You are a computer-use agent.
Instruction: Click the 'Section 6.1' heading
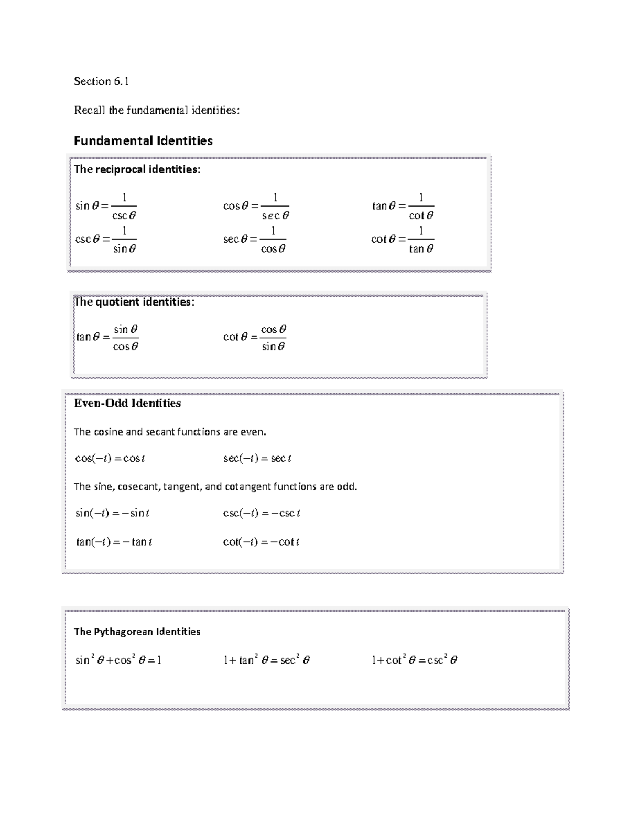tap(101, 81)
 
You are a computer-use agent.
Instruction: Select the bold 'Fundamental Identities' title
tap(143, 140)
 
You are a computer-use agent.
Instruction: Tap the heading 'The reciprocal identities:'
tap(137, 169)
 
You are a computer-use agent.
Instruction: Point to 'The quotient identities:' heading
tap(134, 302)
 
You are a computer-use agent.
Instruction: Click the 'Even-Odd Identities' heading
tap(127, 403)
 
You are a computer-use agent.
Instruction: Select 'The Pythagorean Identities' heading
tap(137, 632)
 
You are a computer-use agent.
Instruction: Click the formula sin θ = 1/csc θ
tap(106, 206)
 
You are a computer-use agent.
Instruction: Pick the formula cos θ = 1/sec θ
tap(256, 206)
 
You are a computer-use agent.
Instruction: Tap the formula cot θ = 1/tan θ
tap(403, 240)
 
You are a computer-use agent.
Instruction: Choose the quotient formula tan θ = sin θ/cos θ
tap(107, 337)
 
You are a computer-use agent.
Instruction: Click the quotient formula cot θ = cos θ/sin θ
tap(255, 337)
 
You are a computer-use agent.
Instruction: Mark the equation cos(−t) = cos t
tap(110, 458)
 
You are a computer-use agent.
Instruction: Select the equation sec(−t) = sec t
tap(257, 458)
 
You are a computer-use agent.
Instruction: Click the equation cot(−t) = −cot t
tap(261, 542)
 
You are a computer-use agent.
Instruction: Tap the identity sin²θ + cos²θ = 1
tap(118, 660)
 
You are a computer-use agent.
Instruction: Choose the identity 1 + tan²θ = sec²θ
tap(266, 660)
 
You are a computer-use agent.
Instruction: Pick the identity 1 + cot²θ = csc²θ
tap(414, 660)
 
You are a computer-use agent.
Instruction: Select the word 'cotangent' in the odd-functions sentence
tap(247, 486)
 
